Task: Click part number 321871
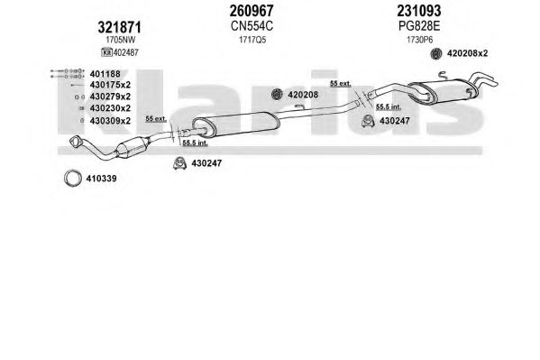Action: click(x=120, y=27)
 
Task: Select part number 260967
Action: click(x=252, y=11)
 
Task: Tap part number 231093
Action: click(x=419, y=11)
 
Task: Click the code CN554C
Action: click(x=252, y=26)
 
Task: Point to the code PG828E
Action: click(x=419, y=26)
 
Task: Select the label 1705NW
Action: click(x=121, y=40)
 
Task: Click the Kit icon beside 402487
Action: click(x=106, y=52)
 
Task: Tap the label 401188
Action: click(x=105, y=74)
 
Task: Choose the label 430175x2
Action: click(x=110, y=85)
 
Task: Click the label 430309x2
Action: click(x=110, y=121)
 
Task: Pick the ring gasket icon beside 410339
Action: click(x=73, y=179)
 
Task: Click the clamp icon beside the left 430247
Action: click(x=179, y=163)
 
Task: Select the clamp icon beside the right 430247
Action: click(x=368, y=121)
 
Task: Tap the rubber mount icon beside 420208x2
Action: click(x=436, y=53)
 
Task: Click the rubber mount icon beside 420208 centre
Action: click(x=277, y=94)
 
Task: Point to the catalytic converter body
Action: click(x=133, y=148)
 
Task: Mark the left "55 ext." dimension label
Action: click(x=156, y=119)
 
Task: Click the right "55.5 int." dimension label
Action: click(x=389, y=106)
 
